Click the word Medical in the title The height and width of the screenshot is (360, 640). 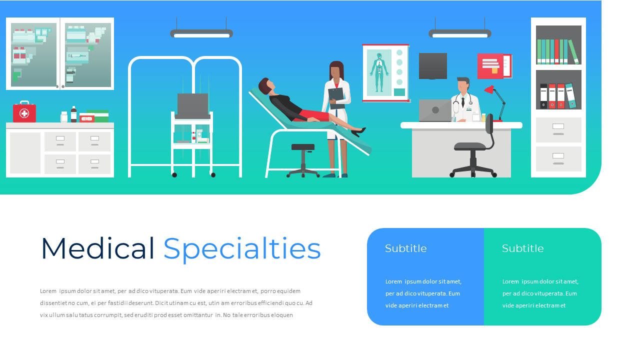click(x=97, y=248)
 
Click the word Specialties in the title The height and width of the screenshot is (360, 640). click(x=242, y=249)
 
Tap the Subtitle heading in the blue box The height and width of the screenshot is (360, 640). click(x=406, y=248)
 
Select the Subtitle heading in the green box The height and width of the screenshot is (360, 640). click(x=522, y=248)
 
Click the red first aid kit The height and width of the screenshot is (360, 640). click(x=24, y=112)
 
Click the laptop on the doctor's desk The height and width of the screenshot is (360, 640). click(x=434, y=110)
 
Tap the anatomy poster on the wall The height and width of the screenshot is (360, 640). click(x=385, y=72)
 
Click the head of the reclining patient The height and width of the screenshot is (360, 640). click(x=265, y=86)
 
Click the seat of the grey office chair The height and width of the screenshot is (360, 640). click(x=470, y=146)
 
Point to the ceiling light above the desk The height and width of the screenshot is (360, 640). click(x=460, y=34)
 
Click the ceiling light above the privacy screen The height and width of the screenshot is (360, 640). click(x=201, y=34)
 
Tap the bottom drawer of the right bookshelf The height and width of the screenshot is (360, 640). click(x=558, y=158)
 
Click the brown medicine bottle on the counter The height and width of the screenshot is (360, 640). click(x=74, y=114)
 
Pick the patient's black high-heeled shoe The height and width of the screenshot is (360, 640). click(x=358, y=131)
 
